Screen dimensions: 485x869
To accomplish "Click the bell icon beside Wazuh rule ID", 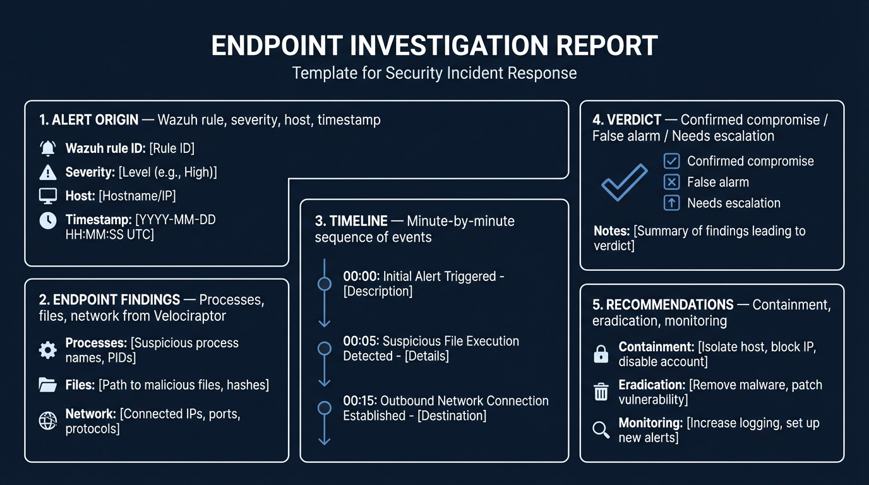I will click(48, 148).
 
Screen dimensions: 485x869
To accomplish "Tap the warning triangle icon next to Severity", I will click(48, 172).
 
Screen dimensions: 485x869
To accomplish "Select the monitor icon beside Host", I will click(48, 196).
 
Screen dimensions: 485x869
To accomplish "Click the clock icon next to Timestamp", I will click(48, 220).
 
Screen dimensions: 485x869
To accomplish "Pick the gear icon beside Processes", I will click(48, 350).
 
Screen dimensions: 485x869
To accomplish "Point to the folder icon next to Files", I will click(48, 385).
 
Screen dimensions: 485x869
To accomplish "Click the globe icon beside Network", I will click(48, 421).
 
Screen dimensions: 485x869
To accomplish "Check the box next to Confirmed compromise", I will click(671, 161).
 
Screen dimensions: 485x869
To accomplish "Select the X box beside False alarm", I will click(671, 182).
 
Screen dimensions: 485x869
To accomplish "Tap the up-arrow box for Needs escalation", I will click(671, 203).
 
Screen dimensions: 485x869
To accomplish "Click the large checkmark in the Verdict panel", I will click(624, 183).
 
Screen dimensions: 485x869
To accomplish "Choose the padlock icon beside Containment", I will click(601, 354).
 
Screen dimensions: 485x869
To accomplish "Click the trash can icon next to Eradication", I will click(601, 392).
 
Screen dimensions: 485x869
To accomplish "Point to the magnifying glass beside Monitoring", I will click(601, 430).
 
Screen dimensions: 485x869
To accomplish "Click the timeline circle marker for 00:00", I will click(324, 284).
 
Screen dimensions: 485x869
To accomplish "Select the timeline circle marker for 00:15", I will click(324, 408).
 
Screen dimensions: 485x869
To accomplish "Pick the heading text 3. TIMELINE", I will click(351, 221).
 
